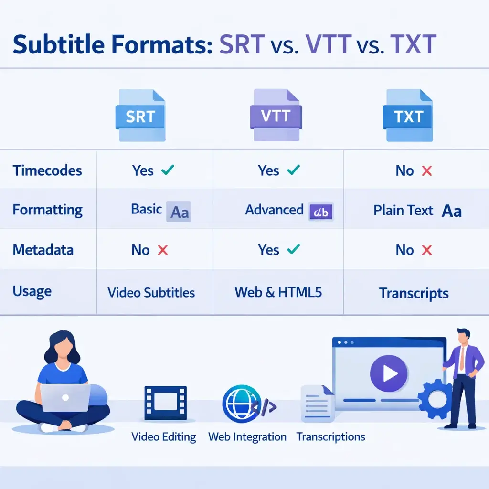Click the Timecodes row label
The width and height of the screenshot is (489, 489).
(47, 170)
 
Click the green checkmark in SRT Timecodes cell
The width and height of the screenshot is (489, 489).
(168, 170)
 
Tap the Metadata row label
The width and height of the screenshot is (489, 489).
(43, 250)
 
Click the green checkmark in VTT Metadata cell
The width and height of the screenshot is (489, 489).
(293, 249)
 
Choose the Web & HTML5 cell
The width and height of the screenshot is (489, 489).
(278, 292)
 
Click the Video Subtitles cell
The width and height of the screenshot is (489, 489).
(151, 292)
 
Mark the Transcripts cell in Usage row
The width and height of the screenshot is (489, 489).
(414, 293)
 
